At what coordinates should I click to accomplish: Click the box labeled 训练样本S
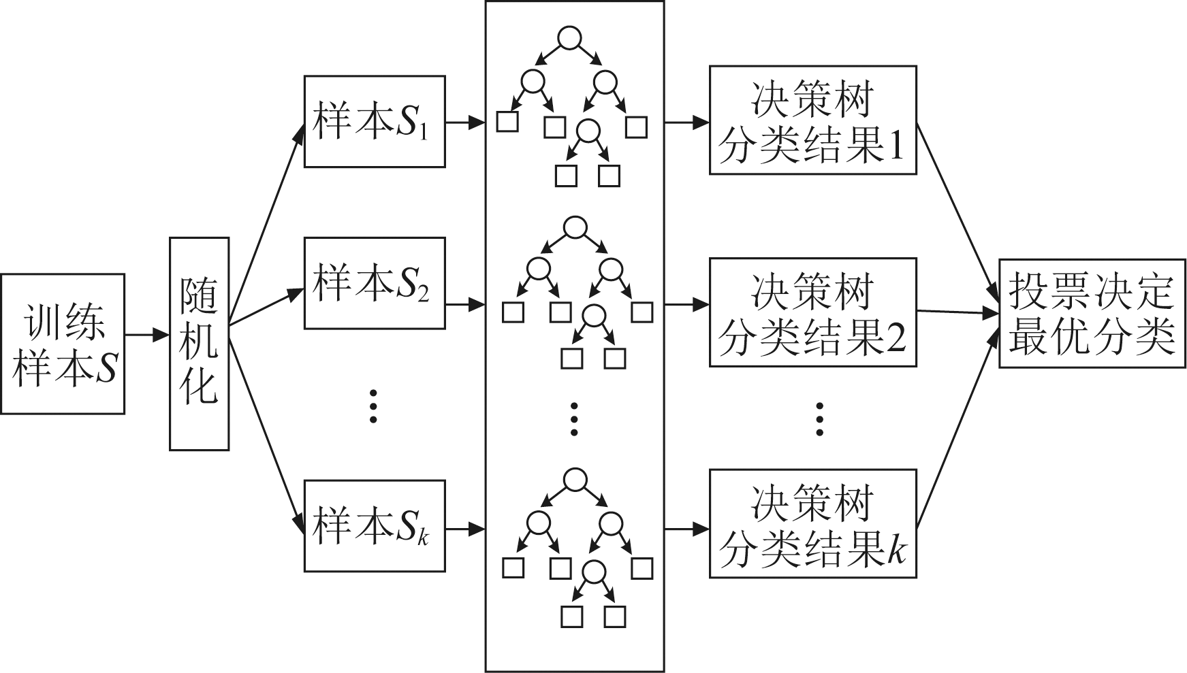[x=62, y=344]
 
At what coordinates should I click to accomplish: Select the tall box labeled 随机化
[x=199, y=344]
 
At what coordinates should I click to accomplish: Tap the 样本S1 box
[x=375, y=121]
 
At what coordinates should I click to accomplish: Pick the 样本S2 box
[x=375, y=282]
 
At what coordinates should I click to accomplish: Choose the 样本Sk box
[x=375, y=525]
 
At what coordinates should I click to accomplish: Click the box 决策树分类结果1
[x=812, y=120]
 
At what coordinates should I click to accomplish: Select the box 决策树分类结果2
[x=812, y=312]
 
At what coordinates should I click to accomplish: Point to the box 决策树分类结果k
[x=812, y=523]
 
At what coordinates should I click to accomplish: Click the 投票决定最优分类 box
[x=1092, y=313]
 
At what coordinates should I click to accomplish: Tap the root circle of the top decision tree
[x=569, y=38]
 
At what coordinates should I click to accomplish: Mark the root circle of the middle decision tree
[x=575, y=228]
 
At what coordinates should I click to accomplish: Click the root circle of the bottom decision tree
[x=575, y=479]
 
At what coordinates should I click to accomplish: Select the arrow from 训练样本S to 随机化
[x=146, y=335]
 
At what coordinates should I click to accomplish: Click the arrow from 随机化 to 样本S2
[x=266, y=307]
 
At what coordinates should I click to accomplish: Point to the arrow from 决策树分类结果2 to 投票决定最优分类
[x=957, y=313]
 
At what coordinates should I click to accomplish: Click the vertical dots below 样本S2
[x=373, y=406]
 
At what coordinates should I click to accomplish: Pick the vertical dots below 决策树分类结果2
[x=819, y=418]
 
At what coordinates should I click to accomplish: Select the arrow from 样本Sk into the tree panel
[x=465, y=529]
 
